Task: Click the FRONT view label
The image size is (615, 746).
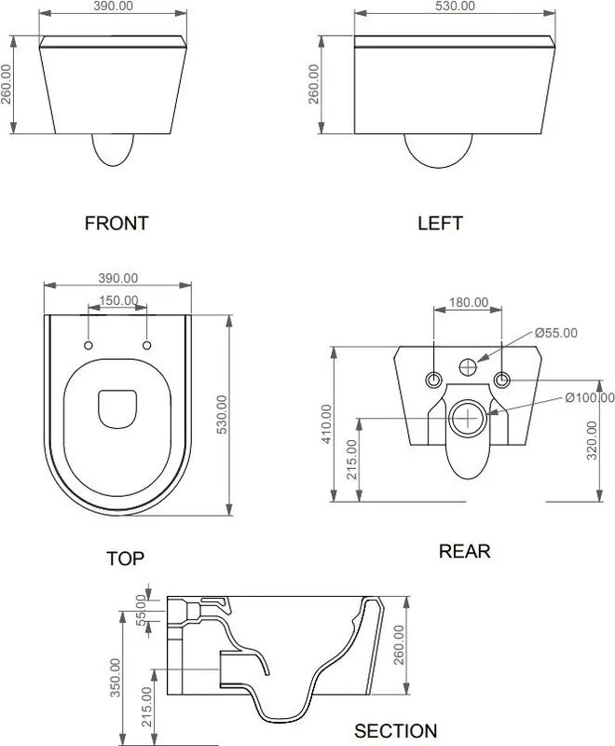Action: [x=116, y=223]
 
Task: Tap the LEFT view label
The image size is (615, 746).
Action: [x=440, y=223]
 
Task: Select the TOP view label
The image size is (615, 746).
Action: [x=125, y=558]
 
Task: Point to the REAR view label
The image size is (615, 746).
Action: [x=464, y=551]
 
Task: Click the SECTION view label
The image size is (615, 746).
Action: [x=395, y=731]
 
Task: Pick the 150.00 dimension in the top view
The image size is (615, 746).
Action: [x=119, y=300]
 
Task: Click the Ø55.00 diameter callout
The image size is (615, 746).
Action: [x=556, y=333]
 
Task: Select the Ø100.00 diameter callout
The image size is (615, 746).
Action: [x=590, y=397]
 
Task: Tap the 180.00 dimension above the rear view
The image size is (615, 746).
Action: [x=469, y=302]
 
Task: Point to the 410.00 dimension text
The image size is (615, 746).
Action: [x=326, y=424]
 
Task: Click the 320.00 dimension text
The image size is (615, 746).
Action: [x=592, y=440]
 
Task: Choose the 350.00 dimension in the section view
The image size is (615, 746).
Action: [x=115, y=678]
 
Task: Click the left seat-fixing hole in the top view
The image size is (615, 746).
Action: [x=89, y=345]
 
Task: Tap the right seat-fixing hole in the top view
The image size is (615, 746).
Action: [x=147, y=345]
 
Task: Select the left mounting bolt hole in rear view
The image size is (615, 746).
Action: [x=433, y=380]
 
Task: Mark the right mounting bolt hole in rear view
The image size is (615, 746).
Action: [x=502, y=380]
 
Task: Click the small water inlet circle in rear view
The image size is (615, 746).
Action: [x=468, y=366]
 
